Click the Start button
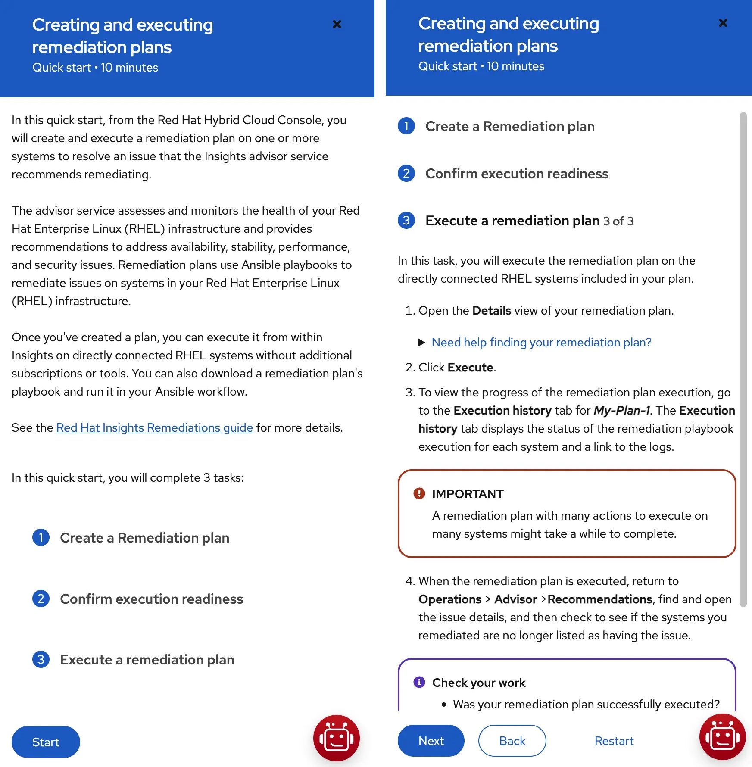pos(46,742)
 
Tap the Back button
pos(512,741)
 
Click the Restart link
pos(614,741)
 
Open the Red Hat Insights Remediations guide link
pos(154,427)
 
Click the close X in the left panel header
pos(337,24)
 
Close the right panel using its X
pos(723,23)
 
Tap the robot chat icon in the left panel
pos(336,738)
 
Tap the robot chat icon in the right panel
pos(722,737)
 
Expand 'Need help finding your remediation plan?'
pos(541,342)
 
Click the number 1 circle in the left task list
pos(41,537)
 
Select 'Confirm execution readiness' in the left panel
pos(151,599)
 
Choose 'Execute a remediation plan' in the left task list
pos(147,659)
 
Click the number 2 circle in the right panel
pos(406,173)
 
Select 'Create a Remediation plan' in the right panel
pos(510,126)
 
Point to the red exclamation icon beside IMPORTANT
pos(419,493)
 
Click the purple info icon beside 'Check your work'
pos(419,682)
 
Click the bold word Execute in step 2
pos(470,367)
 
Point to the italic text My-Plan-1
pos(621,410)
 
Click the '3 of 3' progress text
pos(618,221)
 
